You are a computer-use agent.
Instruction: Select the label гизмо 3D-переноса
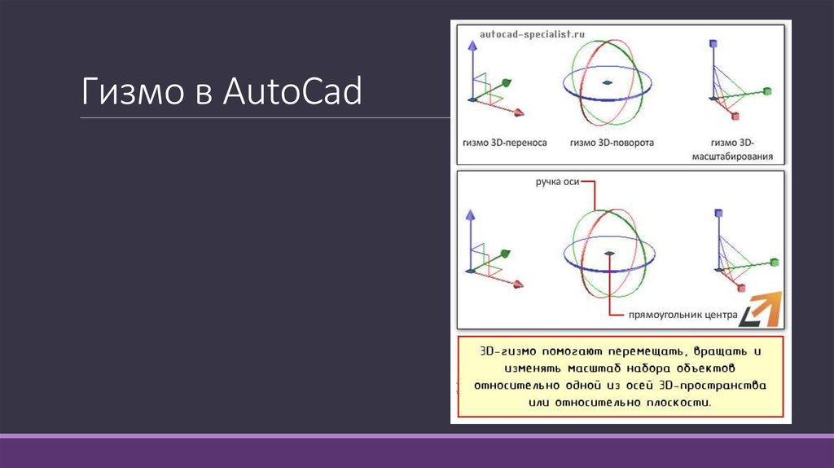click(504, 143)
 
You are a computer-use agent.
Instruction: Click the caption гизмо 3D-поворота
click(612, 143)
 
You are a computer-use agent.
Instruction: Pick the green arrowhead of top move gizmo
click(507, 82)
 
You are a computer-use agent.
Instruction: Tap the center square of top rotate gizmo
click(608, 82)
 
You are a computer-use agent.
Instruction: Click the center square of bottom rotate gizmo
click(609, 254)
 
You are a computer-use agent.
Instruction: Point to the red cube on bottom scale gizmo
click(740, 288)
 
